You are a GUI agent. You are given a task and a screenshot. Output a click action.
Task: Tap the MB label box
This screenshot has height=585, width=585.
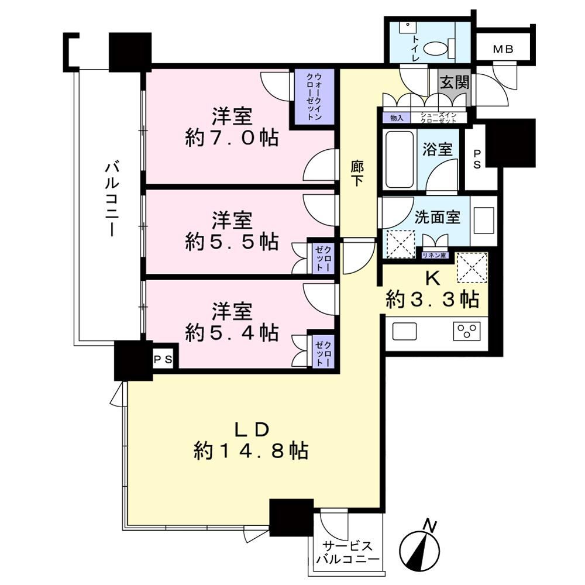(503, 49)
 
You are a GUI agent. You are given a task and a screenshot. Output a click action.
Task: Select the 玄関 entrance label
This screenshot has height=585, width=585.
(454, 82)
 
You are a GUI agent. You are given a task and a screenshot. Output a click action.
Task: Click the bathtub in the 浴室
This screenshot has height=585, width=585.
(399, 159)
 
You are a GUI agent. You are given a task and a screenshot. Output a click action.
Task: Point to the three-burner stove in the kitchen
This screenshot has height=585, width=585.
(467, 331)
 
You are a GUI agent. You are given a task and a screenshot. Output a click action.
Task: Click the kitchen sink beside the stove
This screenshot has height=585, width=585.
(404, 331)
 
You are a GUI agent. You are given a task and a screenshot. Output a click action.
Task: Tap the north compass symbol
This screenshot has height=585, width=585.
(419, 549)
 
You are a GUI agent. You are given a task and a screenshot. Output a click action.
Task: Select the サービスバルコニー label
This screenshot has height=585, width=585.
(347, 552)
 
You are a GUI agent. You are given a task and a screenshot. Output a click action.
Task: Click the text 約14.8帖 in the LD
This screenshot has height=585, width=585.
(251, 451)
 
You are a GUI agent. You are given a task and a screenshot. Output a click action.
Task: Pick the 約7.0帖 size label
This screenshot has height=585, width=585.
(231, 139)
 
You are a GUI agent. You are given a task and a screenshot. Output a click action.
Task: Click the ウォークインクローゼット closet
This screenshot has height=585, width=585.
(314, 97)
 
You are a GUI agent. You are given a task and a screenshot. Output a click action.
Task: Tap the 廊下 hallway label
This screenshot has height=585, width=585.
(357, 173)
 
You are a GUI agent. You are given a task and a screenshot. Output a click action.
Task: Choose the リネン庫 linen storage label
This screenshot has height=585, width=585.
(434, 256)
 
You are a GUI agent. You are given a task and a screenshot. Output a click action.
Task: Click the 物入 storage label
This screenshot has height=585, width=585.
(397, 118)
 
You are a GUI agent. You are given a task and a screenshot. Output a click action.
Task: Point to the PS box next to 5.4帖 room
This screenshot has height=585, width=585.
(163, 359)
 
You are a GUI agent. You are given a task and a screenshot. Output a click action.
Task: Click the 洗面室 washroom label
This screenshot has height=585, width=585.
(437, 217)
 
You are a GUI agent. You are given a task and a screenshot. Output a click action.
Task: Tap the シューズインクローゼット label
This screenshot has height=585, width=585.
(438, 118)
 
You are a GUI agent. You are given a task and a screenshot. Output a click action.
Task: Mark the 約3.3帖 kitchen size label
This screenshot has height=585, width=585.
(433, 299)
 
